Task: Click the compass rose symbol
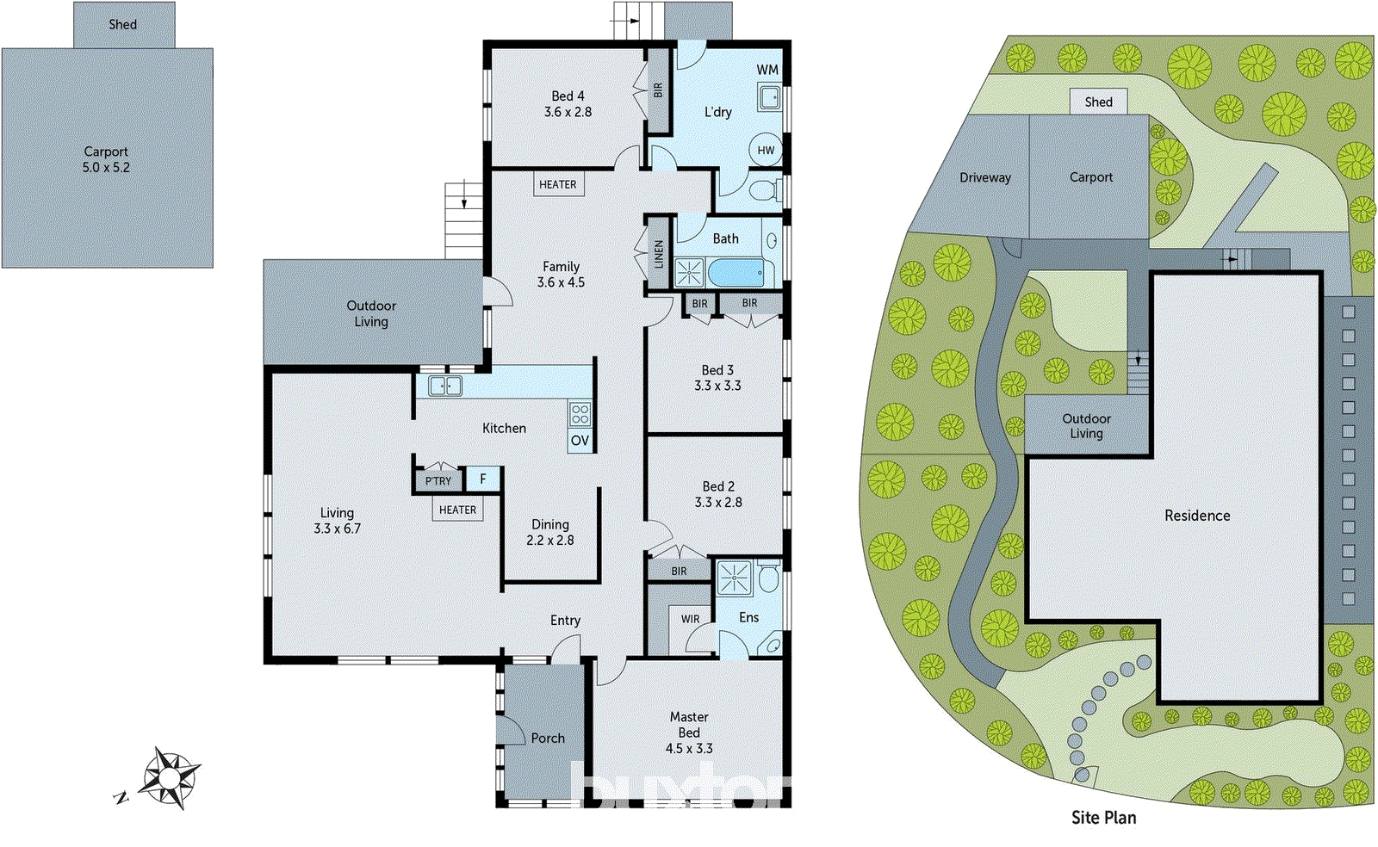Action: [x=170, y=777]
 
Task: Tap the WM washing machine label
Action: [x=767, y=70]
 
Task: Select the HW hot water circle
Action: [x=766, y=150]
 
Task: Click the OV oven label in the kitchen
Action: [x=580, y=440]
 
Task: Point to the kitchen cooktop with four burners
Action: [x=580, y=414]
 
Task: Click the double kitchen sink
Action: [x=444, y=386]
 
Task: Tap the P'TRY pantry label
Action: [x=438, y=480]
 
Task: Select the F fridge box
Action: [x=483, y=479]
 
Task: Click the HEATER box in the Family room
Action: [x=558, y=184]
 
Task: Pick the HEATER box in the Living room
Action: [x=457, y=510]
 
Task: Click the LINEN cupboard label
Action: [x=658, y=254]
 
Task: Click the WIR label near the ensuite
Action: [x=690, y=619]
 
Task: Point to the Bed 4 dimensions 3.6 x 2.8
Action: [x=568, y=112]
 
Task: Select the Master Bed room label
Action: [x=689, y=724]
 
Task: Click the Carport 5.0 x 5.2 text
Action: [x=106, y=159]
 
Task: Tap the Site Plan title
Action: [x=1103, y=817]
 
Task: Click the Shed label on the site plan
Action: [x=1098, y=102]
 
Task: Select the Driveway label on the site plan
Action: [x=985, y=177]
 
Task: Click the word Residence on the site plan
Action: [x=1197, y=516]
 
